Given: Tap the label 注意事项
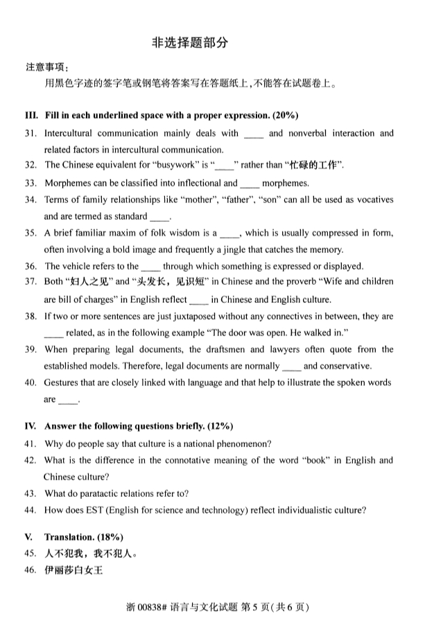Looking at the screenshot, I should (47, 68).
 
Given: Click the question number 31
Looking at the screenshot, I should (30, 134).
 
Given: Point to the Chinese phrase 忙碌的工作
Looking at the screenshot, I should (313, 166).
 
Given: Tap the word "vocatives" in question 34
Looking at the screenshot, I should (372, 200).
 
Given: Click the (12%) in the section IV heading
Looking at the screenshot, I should (219, 426).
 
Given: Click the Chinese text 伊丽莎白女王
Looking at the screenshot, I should (73, 570).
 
